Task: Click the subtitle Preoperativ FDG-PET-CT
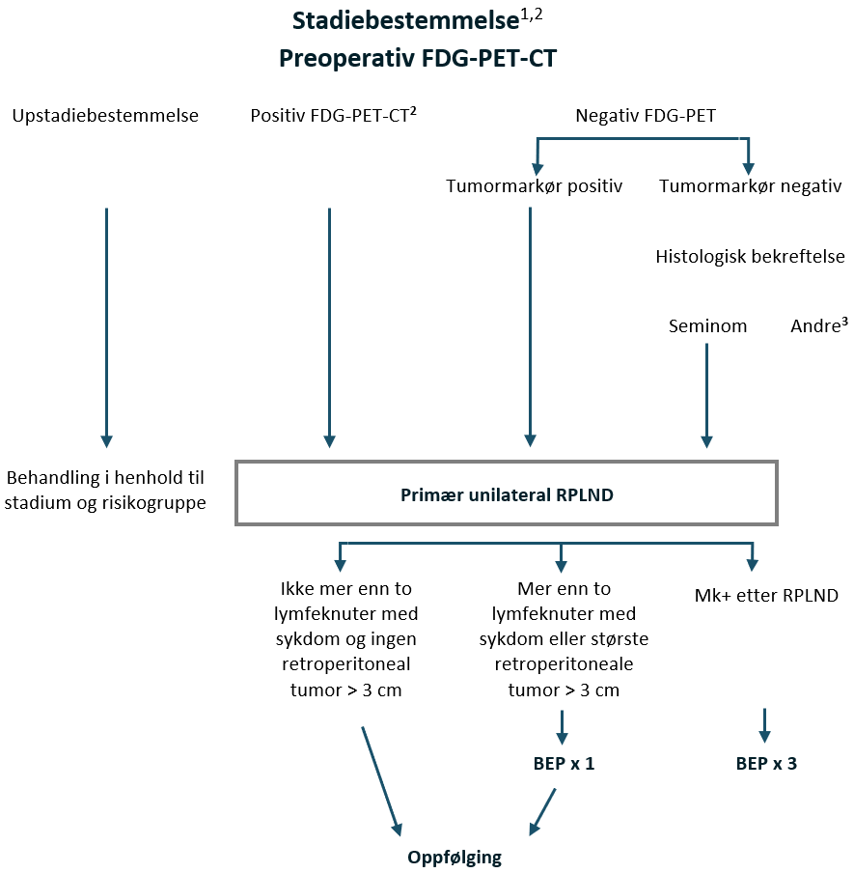[x=418, y=58]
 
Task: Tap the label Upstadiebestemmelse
[x=105, y=116]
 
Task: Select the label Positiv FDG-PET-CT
[x=332, y=116]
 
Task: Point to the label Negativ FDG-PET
[x=646, y=116]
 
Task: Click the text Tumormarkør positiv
[x=534, y=185]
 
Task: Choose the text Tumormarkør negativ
[x=750, y=185]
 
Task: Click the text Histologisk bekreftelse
[x=750, y=256]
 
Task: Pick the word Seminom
[x=707, y=325]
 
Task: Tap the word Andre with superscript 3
[x=818, y=325]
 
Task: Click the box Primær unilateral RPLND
[x=507, y=493]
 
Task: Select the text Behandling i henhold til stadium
[x=105, y=490]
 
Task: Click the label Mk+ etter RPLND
[x=766, y=595]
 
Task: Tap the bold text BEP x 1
[x=564, y=763]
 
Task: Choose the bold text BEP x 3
[x=766, y=763]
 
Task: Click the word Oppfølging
[x=455, y=857]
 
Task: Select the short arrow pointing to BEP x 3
[x=765, y=724]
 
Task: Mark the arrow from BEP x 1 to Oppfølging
[x=543, y=810]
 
